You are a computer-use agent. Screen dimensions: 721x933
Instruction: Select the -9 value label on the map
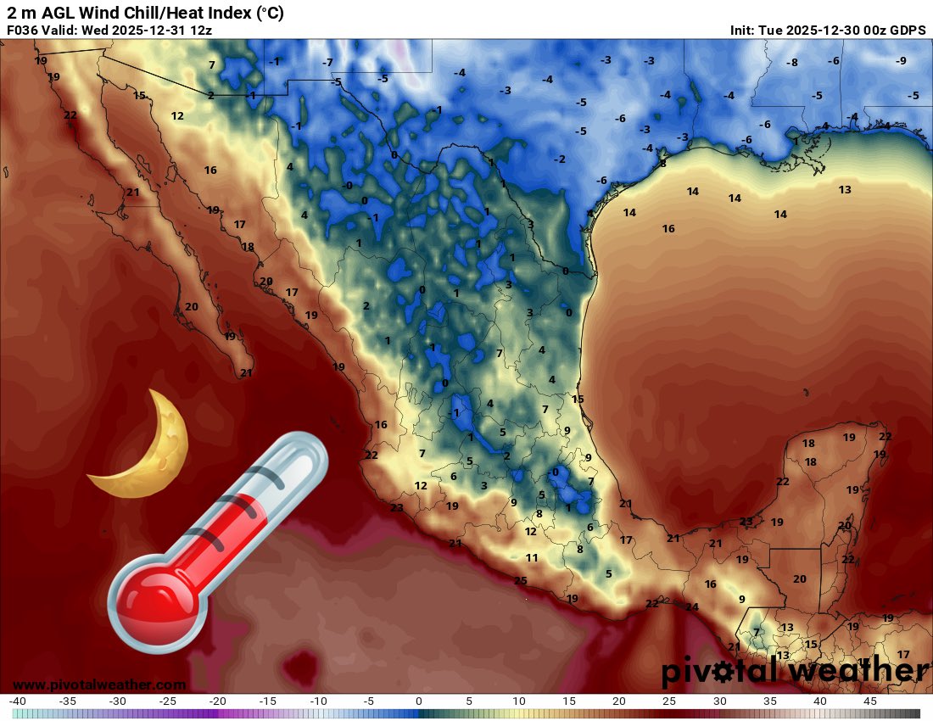pyautogui.click(x=901, y=60)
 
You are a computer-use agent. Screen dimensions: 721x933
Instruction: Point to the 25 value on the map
pyautogui.click(x=521, y=580)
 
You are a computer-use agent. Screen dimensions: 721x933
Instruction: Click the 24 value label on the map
pyautogui.click(x=692, y=606)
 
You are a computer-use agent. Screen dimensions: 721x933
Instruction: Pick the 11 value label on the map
pyautogui.click(x=532, y=557)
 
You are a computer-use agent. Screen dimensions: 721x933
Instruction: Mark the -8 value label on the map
pyautogui.click(x=791, y=63)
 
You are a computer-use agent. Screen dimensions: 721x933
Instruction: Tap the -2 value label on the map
pyautogui.click(x=559, y=159)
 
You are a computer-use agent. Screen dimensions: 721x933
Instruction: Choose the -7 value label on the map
pyautogui.click(x=327, y=63)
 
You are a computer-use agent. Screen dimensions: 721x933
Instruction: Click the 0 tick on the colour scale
pyautogui.click(x=419, y=701)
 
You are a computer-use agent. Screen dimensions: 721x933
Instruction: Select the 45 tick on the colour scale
pyautogui.click(x=869, y=701)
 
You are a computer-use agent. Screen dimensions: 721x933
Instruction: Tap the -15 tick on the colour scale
pyautogui.click(x=267, y=701)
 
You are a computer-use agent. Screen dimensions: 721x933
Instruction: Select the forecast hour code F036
pyautogui.click(x=23, y=30)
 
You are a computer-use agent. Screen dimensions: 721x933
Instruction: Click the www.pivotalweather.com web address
pyautogui.click(x=99, y=685)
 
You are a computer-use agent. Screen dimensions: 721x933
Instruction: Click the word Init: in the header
pyautogui.click(x=746, y=30)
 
